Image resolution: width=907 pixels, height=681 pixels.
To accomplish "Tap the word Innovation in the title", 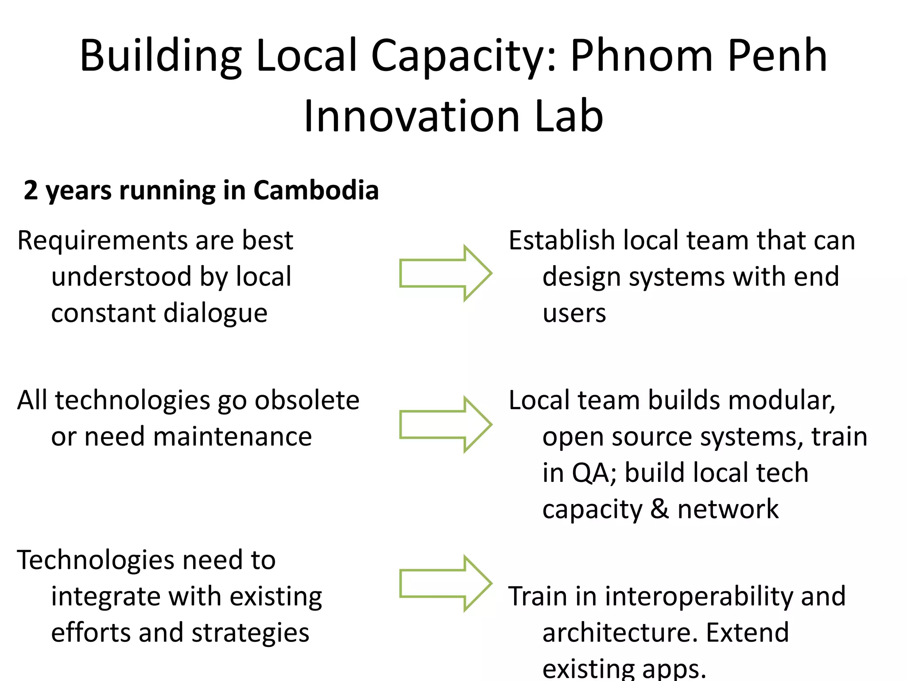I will (x=411, y=116).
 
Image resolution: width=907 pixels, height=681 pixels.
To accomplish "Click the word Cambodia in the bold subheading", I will (x=316, y=190).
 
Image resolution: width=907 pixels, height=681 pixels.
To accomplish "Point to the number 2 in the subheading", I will (x=31, y=190).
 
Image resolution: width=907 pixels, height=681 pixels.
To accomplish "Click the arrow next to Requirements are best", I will (x=445, y=273).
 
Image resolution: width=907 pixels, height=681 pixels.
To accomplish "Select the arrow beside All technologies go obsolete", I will (x=445, y=424).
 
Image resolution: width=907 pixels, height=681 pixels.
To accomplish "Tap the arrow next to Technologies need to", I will (x=445, y=583).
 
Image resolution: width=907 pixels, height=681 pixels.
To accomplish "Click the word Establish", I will (x=562, y=241).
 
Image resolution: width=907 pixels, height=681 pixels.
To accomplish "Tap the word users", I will (x=574, y=313).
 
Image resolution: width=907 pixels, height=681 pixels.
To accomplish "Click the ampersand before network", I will (x=659, y=509).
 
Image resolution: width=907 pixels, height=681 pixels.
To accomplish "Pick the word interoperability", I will (x=698, y=596).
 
